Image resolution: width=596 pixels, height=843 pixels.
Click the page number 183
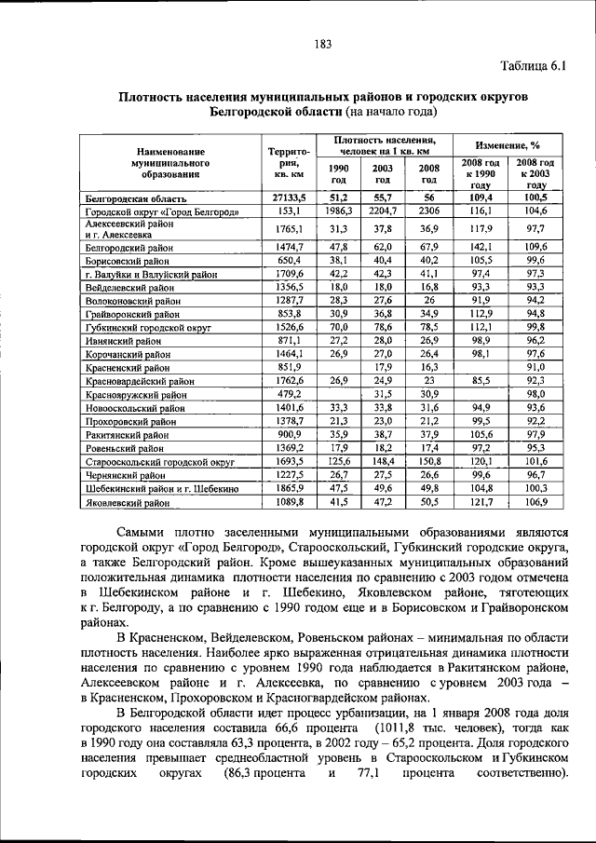point(323,43)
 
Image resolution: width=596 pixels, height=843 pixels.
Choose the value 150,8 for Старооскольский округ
point(428,460)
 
